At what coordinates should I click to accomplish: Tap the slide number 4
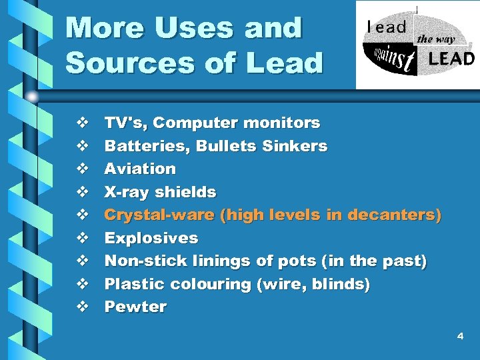pos(460,337)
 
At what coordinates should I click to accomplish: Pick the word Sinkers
pos(295,146)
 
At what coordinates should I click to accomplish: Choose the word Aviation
pos(140,169)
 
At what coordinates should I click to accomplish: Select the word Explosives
pos(151,238)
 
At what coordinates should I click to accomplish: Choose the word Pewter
pos(135,307)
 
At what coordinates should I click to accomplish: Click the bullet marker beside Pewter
pos(82,307)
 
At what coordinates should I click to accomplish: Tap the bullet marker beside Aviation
pos(82,169)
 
